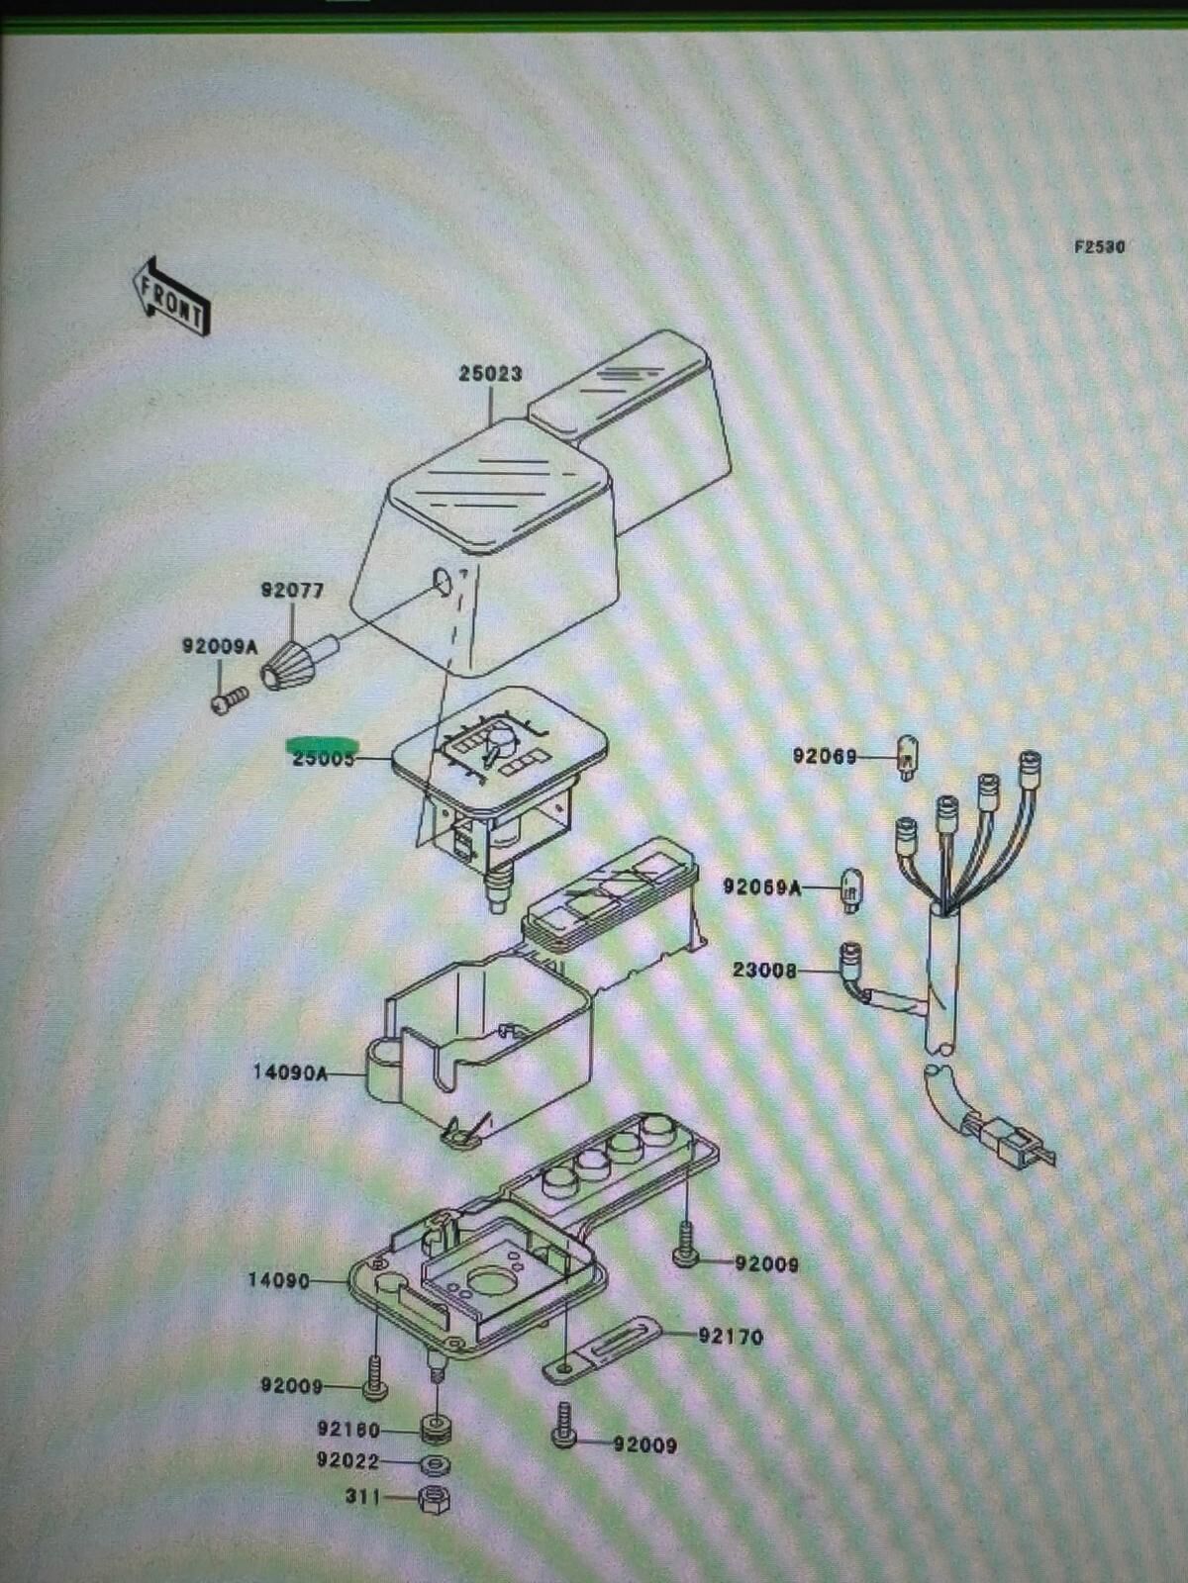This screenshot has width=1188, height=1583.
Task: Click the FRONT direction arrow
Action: (x=170, y=297)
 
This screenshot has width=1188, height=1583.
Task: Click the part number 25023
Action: (x=490, y=374)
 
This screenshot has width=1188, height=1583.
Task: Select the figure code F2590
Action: (x=1099, y=246)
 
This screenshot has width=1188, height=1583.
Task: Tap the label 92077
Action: (x=292, y=591)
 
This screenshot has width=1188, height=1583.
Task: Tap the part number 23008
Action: (x=764, y=971)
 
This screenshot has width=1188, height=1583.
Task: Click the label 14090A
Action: (x=290, y=1071)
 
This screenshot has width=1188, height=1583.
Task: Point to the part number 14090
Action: (x=278, y=1281)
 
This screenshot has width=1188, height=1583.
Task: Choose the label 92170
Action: (x=731, y=1337)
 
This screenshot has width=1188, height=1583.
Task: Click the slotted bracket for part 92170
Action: (x=602, y=1350)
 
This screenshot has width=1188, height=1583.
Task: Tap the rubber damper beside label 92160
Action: (x=435, y=1430)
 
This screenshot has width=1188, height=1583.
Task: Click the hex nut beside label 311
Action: (x=434, y=1499)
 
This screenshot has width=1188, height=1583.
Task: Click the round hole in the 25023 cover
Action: (x=442, y=582)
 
